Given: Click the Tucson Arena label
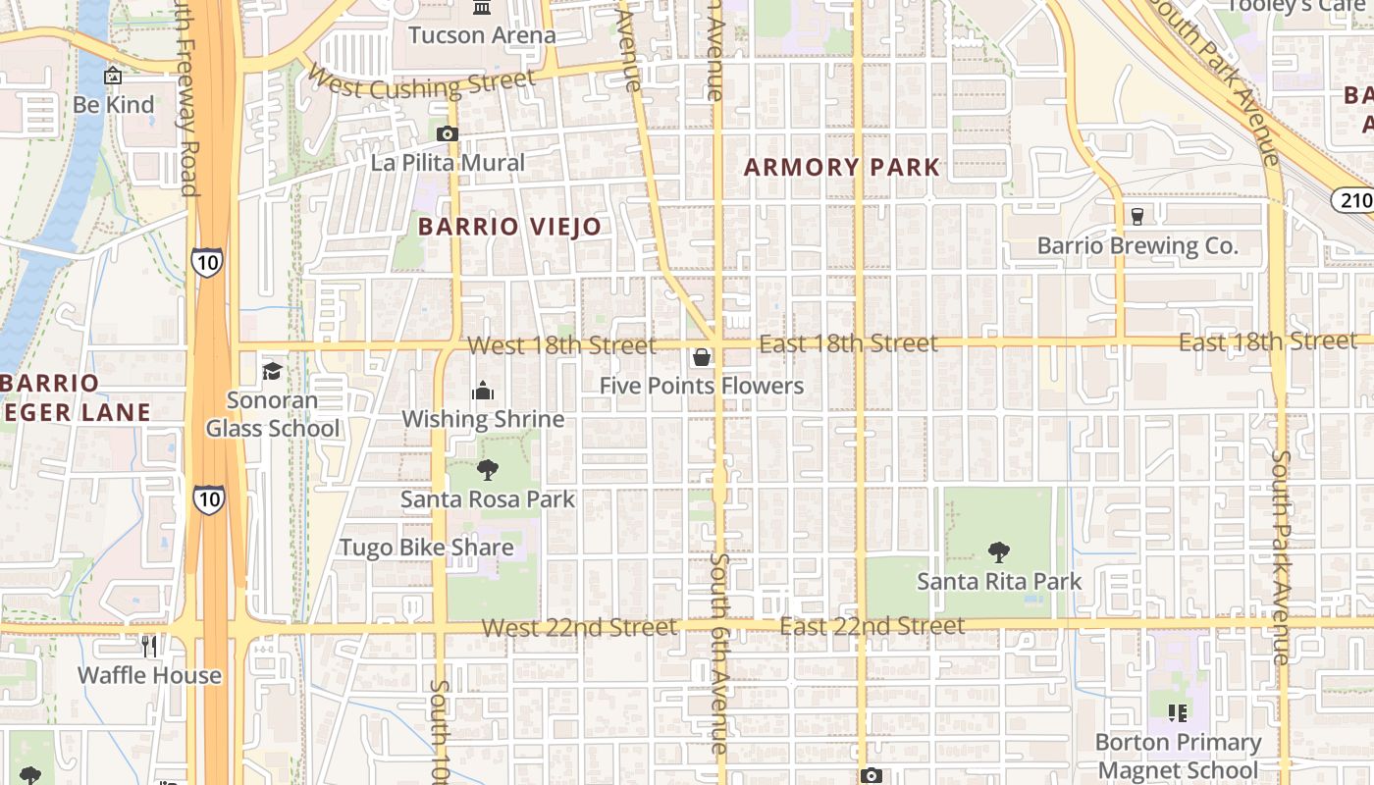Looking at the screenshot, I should click(482, 36).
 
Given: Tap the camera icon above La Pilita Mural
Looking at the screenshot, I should click(448, 133).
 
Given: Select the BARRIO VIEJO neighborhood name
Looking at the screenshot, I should click(509, 227).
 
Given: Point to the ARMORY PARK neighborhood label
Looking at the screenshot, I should click(842, 167).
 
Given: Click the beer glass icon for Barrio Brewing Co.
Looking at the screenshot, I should click(1137, 216).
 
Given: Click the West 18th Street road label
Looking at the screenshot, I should click(561, 345).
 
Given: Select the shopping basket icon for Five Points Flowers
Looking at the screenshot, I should click(702, 357).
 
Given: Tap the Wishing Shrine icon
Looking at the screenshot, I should click(483, 391).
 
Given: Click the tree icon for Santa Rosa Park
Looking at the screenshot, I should click(487, 470).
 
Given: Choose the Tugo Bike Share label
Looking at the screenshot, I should click(426, 548).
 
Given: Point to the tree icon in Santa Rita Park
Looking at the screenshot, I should click(999, 552).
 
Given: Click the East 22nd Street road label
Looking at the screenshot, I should click(872, 626).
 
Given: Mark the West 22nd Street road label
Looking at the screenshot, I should click(579, 627).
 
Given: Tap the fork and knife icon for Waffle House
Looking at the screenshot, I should click(149, 646).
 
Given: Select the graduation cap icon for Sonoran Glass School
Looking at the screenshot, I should click(272, 371).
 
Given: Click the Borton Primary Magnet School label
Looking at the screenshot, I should click(1178, 756).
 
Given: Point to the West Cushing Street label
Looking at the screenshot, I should click(421, 82).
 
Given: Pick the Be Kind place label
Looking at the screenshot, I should click(114, 105).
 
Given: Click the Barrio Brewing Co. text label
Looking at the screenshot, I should click(1137, 245).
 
